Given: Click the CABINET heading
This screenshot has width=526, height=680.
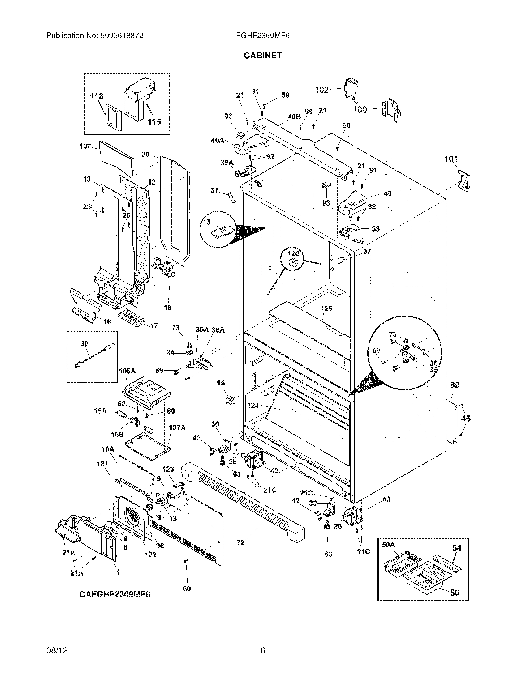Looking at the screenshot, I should click(x=262, y=55).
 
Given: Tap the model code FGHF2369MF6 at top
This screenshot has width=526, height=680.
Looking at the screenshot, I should click(x=263, y=36).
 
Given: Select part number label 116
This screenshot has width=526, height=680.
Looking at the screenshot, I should click(x=96, y=96).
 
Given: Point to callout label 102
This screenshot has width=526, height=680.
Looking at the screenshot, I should click(x=321, y=90).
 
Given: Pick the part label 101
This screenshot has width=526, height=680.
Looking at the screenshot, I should click(x=451, y=159).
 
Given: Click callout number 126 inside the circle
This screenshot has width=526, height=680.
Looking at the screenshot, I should click(x=293, y=253).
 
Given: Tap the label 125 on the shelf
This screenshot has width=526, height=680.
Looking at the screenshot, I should click(x=326, y=308).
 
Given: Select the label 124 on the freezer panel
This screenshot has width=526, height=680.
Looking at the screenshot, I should click(x=253, y=406).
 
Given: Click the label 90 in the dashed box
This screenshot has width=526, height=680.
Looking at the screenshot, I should click(x=84, y=344).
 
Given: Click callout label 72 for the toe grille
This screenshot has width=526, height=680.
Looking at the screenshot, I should click(x=240, y=542).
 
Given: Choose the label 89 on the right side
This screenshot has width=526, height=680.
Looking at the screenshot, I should click(x=455, y=385).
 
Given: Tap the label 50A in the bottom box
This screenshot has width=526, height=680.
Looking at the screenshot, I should click(x=389, y=545).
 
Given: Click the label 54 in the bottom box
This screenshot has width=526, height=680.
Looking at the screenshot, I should click(x=456, y=548).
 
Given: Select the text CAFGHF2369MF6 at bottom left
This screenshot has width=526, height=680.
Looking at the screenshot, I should click(x=115, y=594).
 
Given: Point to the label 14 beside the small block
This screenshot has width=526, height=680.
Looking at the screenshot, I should click(x=221, y=383).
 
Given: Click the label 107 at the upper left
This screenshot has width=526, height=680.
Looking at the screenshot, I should click(x=85, y=146).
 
